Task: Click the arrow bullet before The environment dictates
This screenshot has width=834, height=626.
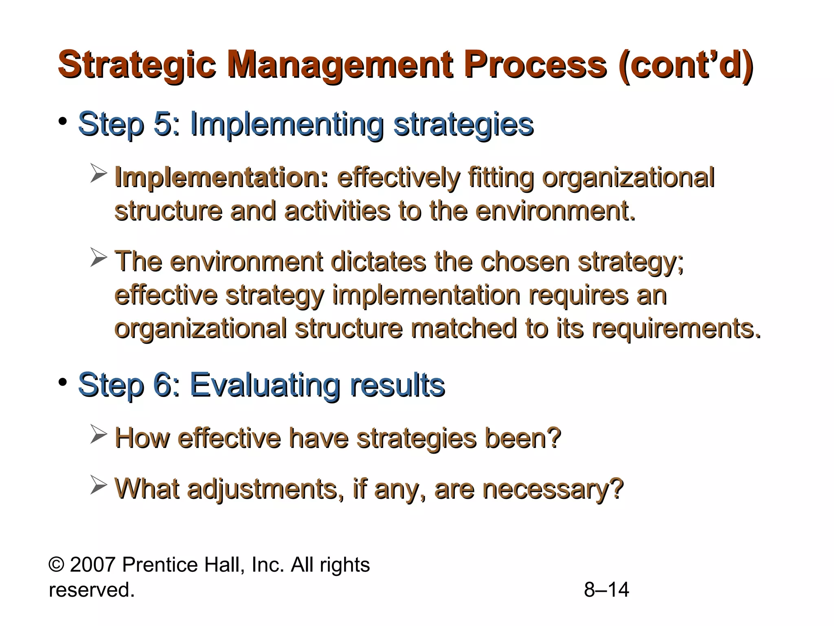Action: [x=98, y=258]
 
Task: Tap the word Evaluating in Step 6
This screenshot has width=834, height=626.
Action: [x=264, y=385]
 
